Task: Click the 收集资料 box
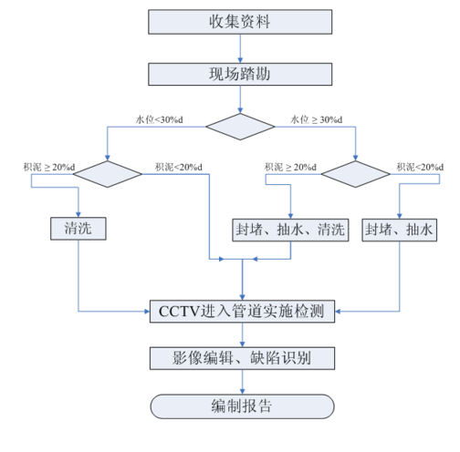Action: click(240, 22)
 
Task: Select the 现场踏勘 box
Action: click(240, 74)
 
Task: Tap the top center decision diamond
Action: click(240, 127)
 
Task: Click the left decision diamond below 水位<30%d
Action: click(108, 174)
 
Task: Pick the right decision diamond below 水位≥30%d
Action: click(355, 174)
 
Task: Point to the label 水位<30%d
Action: click(159, 119)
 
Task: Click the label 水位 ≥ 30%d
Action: click(316, 119)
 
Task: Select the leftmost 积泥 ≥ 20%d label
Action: click(49, 167)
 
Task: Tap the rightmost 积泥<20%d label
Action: click(420, 167)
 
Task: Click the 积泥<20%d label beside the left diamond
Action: click(179, 167)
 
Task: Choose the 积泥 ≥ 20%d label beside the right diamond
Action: click(290, 167)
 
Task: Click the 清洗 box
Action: click(78, 229)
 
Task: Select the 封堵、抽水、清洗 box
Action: click(290, 230)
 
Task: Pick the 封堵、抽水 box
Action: click(399, 230)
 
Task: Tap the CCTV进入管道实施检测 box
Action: click(242, 312)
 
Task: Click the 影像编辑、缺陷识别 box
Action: click(242, 358)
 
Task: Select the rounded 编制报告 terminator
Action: click(242, 406)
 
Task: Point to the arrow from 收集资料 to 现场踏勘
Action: click(240, 48)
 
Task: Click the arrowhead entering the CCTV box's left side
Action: click(147, 312)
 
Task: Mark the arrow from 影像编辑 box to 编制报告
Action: click(242, 382)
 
